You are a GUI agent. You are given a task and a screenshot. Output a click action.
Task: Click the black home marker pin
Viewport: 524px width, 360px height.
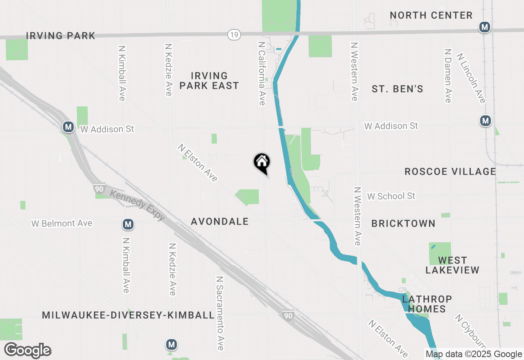click(x=262, y=162)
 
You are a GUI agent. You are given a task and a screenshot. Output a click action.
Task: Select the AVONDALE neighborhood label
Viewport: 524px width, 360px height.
click(x=220, y=221)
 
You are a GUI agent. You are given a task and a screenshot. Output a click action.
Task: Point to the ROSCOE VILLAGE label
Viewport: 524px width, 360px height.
click(x=450, y=171)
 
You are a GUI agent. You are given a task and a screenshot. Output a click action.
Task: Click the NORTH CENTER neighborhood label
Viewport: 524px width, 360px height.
click(x=431, y=16)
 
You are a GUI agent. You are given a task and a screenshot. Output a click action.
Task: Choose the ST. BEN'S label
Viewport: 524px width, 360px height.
click(x=397, y=89)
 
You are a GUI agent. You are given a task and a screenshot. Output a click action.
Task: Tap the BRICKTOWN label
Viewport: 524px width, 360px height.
click(x=403, y=223)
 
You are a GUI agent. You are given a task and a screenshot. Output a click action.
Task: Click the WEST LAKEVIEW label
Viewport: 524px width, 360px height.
click(x=452, y=265)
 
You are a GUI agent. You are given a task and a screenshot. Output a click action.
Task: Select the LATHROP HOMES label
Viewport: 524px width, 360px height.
click(x=427, y=304)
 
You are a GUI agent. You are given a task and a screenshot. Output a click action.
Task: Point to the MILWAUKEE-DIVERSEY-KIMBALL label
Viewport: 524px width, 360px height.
click(x=129, y=315)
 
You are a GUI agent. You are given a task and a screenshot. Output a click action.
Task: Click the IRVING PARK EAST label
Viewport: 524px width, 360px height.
click(x=209, y=81)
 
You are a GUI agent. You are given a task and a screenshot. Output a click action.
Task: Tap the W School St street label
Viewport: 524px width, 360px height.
click(x=391, y=196)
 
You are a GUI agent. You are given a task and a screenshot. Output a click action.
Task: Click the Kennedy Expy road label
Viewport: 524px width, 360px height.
click(x=137, y=206)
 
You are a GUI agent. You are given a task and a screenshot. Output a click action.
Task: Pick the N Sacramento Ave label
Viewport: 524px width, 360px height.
click(x=220, y=313)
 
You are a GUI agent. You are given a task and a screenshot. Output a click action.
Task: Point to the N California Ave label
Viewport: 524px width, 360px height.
click(x=262, y=73)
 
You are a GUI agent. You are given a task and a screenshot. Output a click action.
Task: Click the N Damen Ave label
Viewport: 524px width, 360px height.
click(x=448, y=76)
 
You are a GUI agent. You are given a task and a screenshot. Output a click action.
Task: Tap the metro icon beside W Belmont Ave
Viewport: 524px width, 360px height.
click(x=128, y=224)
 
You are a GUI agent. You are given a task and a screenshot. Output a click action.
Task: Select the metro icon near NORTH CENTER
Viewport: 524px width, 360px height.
click(x=485, y=27)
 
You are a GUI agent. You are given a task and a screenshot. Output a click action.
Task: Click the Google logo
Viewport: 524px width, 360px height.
click(x=27, y=351)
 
